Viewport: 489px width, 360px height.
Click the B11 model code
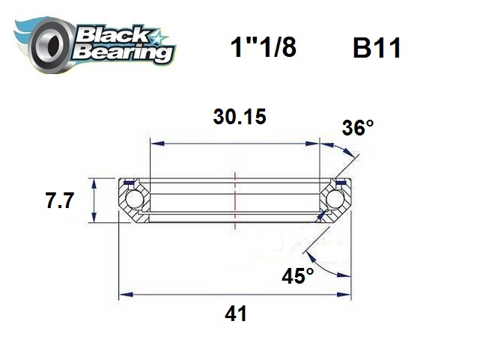[x=376, y=49]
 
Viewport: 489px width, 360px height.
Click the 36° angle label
[x=357, y=128]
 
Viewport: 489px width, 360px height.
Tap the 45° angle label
[x=298, y=275]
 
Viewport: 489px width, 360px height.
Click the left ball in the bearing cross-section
[x=134, y=200]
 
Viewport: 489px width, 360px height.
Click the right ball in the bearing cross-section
[x=336, y=200]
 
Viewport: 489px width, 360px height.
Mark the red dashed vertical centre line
[x=235, y=198]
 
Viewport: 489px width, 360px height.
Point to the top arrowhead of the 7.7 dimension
[x=94, y=182]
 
